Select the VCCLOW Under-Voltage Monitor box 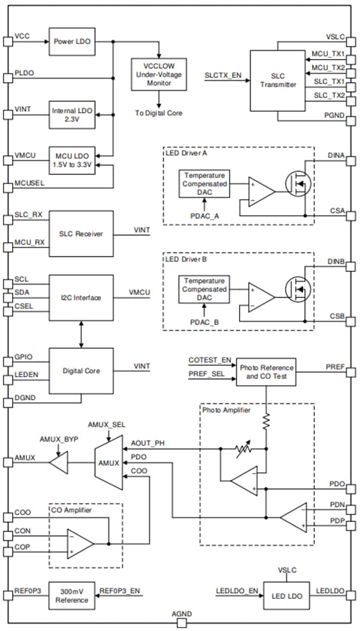point(159,74)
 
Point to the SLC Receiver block point(81,234)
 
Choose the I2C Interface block point(81,297)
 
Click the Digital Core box point(81,371)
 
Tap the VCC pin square point(7,41)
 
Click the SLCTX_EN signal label point(222,75)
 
